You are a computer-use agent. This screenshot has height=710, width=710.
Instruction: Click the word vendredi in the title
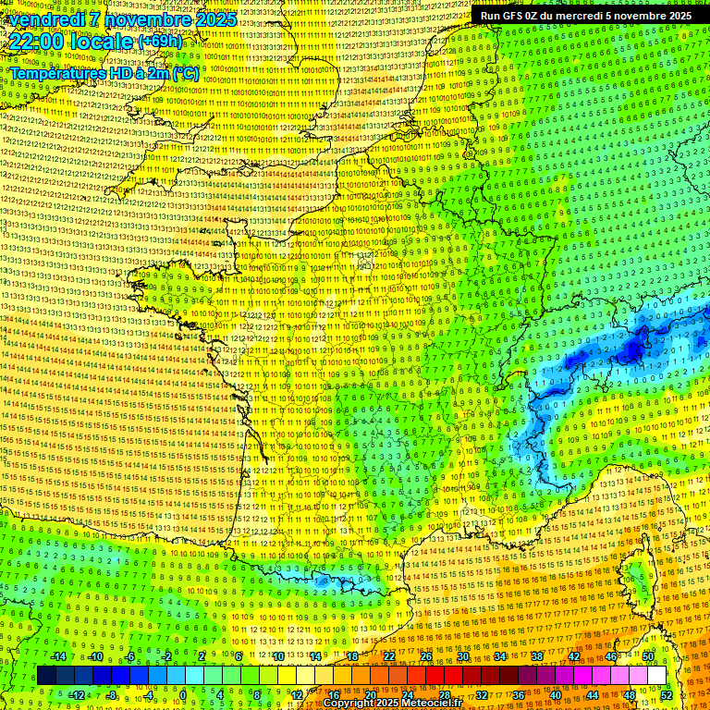pyautogui.click(x=45, y=19)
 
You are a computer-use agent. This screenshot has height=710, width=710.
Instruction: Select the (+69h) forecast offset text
pyautogui.click(x=160, y=42)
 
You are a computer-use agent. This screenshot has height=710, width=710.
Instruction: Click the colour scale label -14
pyautogui.click(x=57, y=656)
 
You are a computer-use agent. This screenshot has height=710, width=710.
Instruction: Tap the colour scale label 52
pyautogui.click(x=666, y=694)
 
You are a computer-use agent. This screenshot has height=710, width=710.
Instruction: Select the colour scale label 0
pyautogui.click(x=182, y=694)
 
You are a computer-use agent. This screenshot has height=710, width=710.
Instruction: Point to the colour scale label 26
pyautogui.click(x=426, y=656)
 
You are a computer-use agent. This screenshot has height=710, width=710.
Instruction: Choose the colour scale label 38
pyautogui.click(x=537, y=656)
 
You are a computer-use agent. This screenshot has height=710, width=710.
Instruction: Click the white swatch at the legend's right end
pyautogui.click(x=656, y=676)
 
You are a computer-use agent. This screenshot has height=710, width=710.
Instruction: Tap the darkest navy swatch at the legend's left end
pyautogui.click(x=47, y=676)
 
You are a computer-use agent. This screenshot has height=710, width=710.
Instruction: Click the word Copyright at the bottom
pyautogui.click(x=348, y=704)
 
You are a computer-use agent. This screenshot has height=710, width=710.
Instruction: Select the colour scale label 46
pyautogui.click(x=611, y=656)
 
